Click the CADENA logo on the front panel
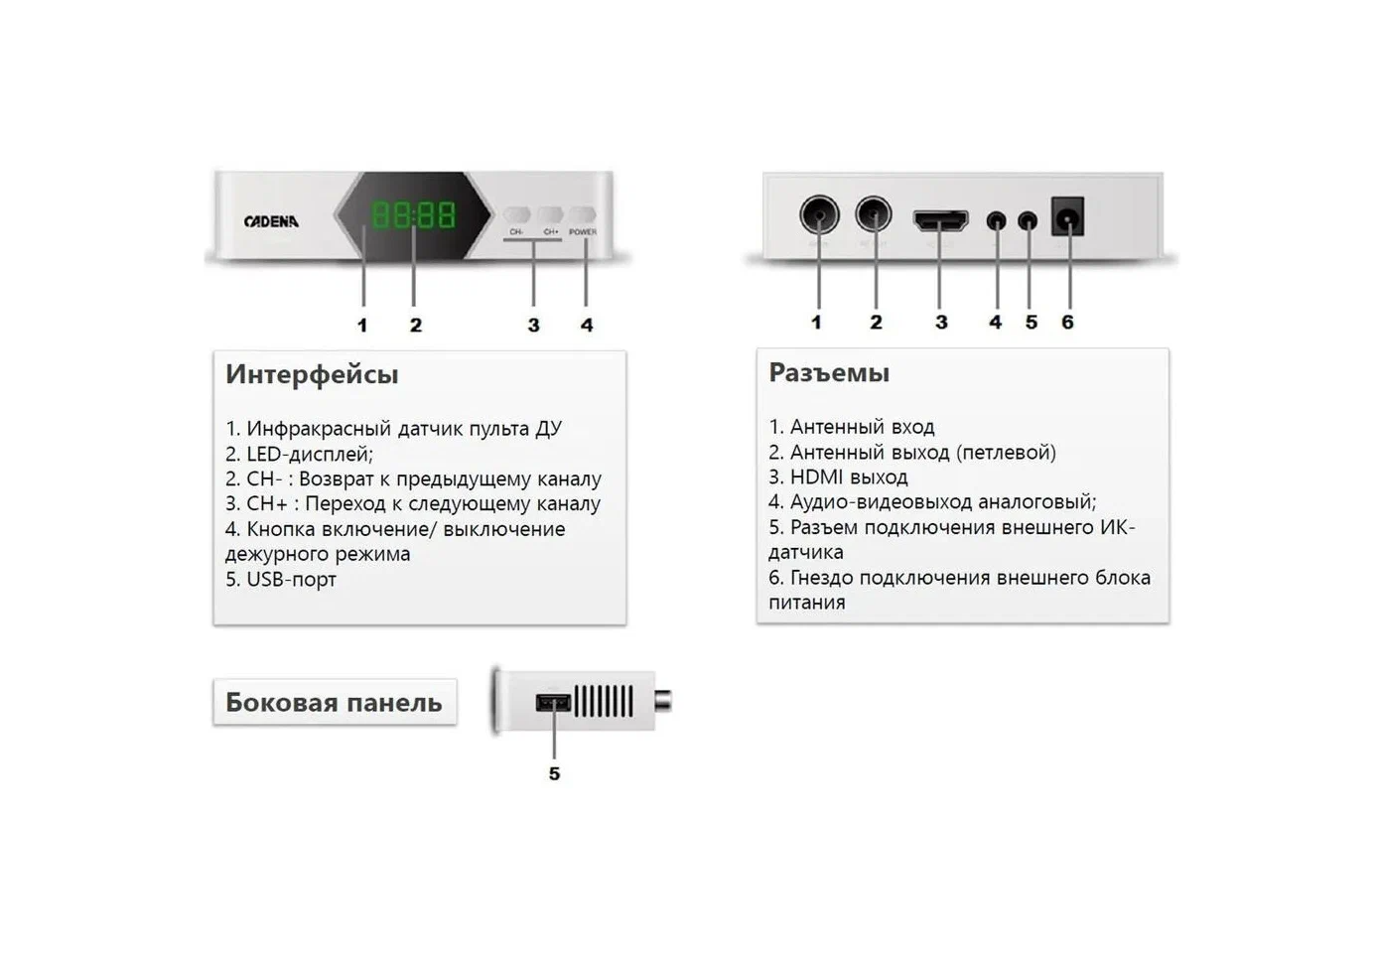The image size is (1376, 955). tap(271, 221)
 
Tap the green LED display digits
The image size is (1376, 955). tap(413, 214)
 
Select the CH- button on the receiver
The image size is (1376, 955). tap(517, 215)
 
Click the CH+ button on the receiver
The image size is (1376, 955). tap(550, 215)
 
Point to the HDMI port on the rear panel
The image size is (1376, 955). tap(940, 219)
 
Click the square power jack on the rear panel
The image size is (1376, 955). tap(1067, 215)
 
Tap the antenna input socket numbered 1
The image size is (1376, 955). tap(819, 214)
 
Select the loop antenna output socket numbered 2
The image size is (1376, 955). tap(874, 213)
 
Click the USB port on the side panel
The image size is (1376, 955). tap(554, 703)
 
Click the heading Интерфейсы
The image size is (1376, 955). tap(312, 374)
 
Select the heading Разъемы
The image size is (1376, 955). tap(829, 373)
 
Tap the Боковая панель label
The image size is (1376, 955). tap(334, 703)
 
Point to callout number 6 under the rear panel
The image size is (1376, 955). tap(1067, 322)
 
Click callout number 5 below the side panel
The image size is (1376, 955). tap(554, 773)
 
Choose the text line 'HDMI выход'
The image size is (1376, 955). tap(838, 477)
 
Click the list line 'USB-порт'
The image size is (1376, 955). tap(281, 580)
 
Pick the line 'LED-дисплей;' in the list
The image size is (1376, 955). tap(299, 455)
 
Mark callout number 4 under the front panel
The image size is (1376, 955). tap(587, 325)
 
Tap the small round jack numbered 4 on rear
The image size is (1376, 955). tap(996, 220)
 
